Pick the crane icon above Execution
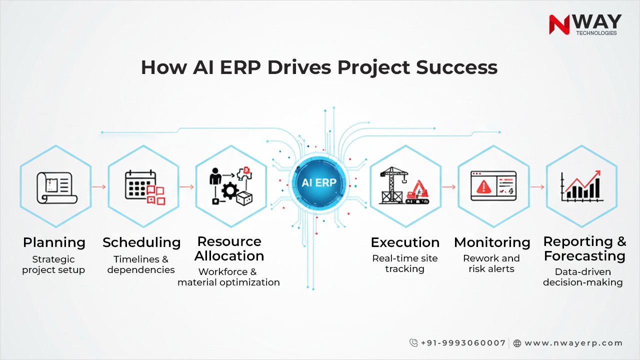394,185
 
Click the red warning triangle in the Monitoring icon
483,187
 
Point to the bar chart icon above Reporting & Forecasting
581,186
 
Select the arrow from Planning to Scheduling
99,187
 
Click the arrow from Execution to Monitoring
448,187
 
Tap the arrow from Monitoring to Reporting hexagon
537,187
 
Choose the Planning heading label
54,243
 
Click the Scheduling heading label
141,243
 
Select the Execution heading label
405,243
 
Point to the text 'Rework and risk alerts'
491,263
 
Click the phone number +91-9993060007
462,343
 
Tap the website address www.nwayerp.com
573,343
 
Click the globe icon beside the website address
517,343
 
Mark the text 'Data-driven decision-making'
583,277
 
